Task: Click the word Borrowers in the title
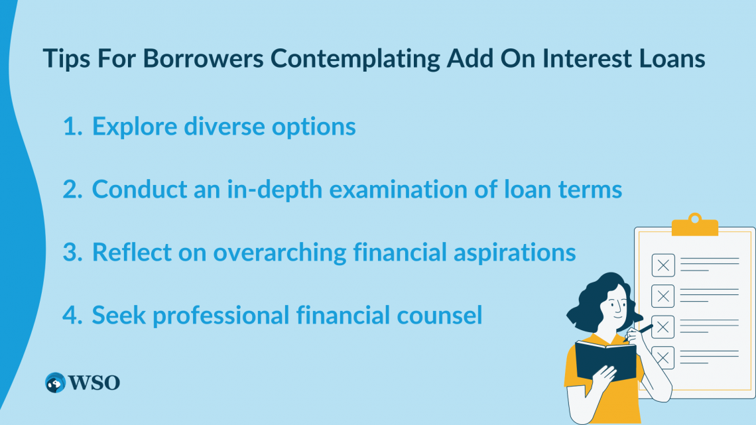[203, 58]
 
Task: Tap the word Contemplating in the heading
[355, 59]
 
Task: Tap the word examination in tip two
[399, 189]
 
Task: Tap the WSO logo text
[94, 383]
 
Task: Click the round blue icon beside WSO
[55, 383]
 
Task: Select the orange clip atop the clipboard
[695, 225]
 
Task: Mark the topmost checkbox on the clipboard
[663, 265]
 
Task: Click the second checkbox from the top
[663, 296]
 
